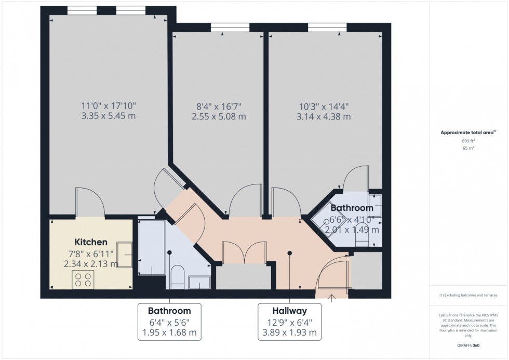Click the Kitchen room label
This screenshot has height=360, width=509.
91,242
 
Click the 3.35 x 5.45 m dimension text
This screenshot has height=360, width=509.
109,116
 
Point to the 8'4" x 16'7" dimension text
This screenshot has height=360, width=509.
218,106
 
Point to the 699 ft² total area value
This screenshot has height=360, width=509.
468,141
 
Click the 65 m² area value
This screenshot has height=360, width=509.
468,148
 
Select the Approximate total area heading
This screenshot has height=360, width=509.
467,132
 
